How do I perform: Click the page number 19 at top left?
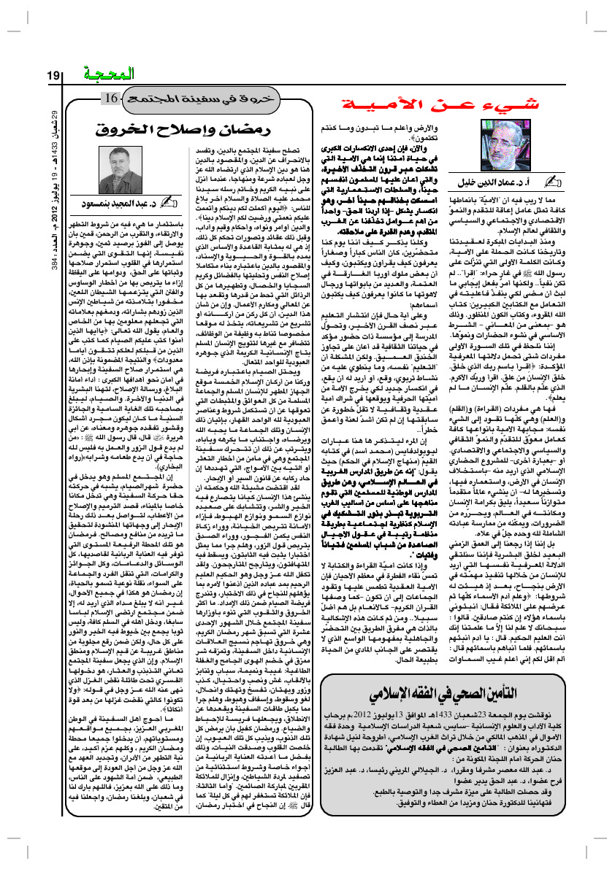[56, 74]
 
